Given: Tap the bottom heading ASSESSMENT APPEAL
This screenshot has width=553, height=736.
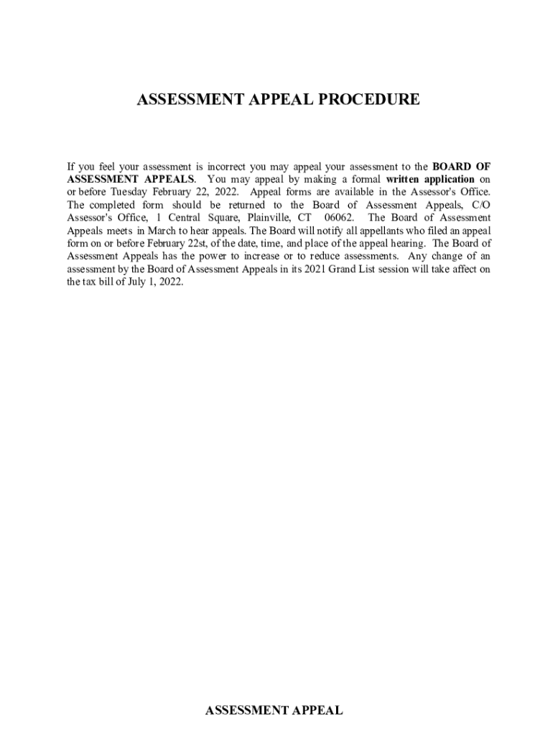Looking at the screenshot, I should (274, 711).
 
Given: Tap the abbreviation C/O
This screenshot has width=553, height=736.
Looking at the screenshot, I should (480, 205).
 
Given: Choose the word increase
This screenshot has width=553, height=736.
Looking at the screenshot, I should (266, 257).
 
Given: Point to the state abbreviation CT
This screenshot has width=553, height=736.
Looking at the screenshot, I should (305, 218).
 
